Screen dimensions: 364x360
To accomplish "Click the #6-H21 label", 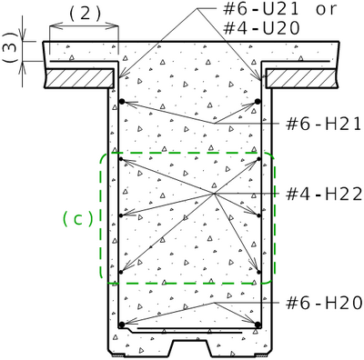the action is point(323,125).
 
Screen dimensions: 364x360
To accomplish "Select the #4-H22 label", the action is point(324,194).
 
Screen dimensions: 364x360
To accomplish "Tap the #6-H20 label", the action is point(324,303).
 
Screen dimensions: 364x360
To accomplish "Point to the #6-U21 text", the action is point(261,9).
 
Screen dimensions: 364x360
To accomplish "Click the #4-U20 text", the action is point(261,28).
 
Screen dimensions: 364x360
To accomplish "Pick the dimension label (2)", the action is point(85,14).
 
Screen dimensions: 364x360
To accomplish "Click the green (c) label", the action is point(77,219).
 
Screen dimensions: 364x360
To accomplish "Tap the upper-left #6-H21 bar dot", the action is point(122,102).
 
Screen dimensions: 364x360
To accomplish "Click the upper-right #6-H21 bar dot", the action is point(258,102).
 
